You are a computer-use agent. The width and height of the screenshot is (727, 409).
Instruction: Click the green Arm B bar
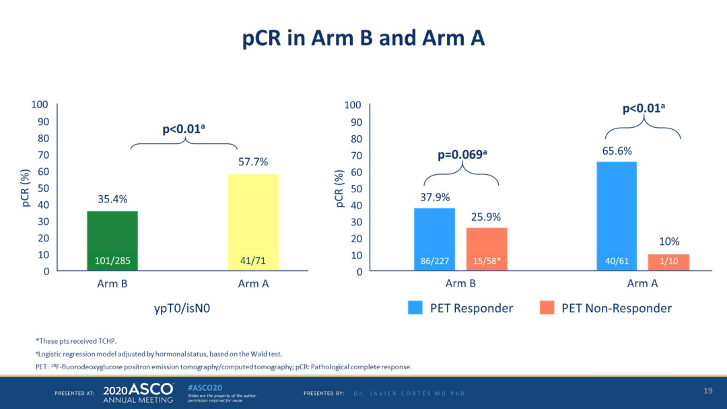112,240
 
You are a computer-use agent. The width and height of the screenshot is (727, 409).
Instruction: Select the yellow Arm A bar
253,222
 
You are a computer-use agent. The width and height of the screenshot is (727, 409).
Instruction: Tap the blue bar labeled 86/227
434,239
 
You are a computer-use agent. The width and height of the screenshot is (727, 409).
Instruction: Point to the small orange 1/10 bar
668,262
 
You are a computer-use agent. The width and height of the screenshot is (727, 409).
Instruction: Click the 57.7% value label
253,162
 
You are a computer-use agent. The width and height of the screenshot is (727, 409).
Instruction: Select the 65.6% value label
617,151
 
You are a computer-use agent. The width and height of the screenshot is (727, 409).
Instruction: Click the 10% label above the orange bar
668,241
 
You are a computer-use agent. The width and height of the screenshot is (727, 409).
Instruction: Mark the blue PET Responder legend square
415,308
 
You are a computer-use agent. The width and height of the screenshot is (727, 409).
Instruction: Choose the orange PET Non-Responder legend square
547,308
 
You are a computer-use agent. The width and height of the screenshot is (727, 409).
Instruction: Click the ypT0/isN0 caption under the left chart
183,308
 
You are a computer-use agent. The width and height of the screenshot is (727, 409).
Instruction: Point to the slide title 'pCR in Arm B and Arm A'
363,38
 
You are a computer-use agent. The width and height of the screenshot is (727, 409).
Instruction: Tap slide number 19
707,391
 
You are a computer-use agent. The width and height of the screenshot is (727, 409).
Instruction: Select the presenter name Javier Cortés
409,393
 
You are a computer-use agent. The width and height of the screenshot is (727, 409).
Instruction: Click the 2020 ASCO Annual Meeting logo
138,393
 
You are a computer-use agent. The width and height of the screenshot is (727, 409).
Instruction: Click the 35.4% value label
112,199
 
